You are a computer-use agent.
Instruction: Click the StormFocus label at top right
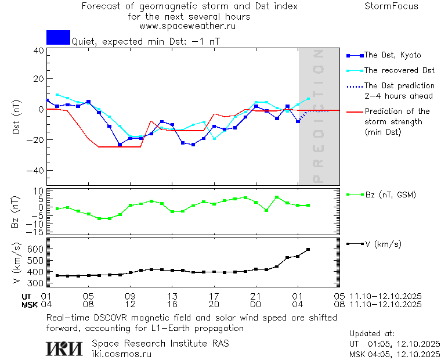pos(391,6)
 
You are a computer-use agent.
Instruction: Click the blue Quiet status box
pos(58,38)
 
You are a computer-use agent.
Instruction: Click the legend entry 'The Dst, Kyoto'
pos(392,55)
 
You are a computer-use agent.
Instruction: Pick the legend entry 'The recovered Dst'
pos(399,70)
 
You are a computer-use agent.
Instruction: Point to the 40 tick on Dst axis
pos(38,51)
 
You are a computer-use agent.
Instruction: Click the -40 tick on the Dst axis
pos(36,171)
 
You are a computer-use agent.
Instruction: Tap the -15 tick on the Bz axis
pos(36,232)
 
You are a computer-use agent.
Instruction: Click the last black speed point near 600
pos(308,250)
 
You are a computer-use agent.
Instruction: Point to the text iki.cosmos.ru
pos(121,354)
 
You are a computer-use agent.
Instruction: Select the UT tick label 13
pos(172,296)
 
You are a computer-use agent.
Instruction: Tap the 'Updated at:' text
pos(372,333)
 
